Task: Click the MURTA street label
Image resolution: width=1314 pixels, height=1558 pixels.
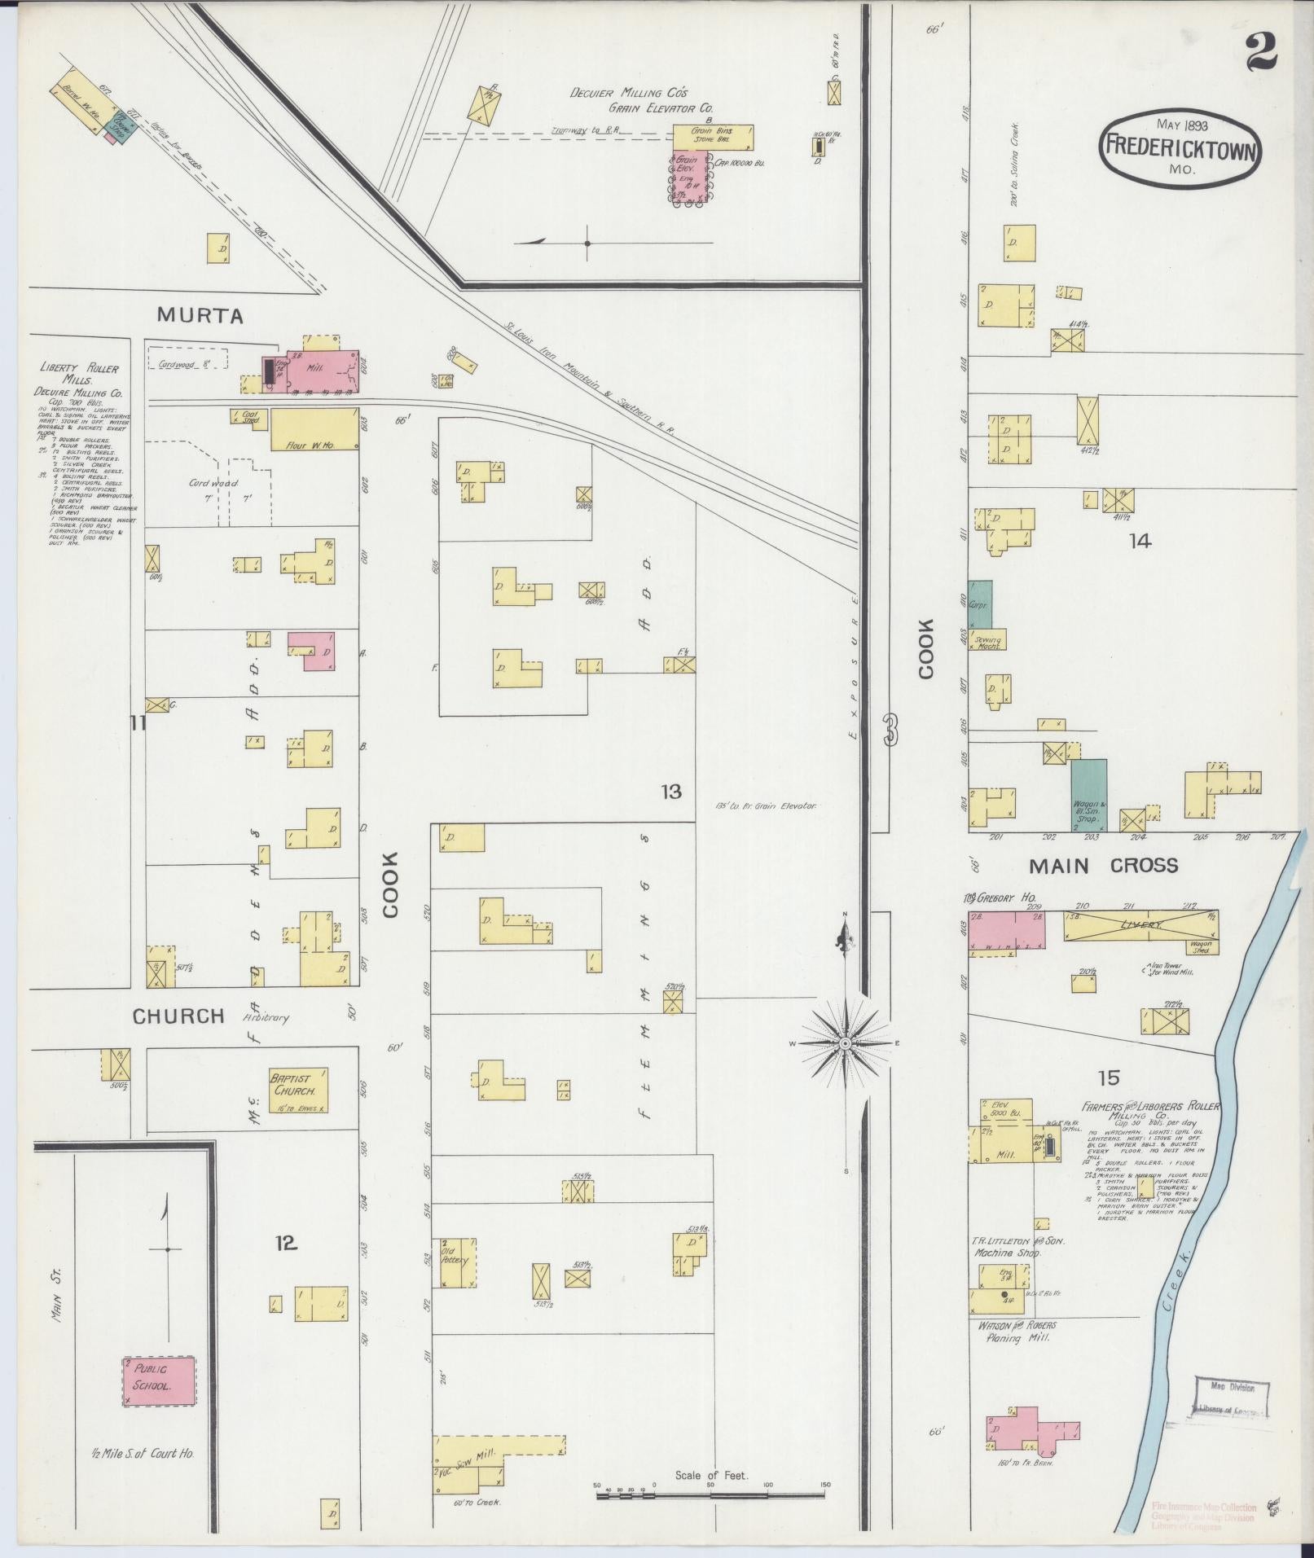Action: click(x=200, y=315)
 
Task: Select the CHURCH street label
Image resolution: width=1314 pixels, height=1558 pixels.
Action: click(x=178, y=1016)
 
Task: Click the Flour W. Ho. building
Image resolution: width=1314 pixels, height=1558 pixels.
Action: click(x=314, y=429)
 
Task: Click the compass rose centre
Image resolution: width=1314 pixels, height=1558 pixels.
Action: click(x=846, y=1043)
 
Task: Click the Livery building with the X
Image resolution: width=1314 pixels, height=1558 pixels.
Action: click(x=1140, y=927)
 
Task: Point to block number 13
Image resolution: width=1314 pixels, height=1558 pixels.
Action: click(x=670, y=791)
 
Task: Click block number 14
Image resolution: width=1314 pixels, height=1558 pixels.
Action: click(x=1140, y=541)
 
